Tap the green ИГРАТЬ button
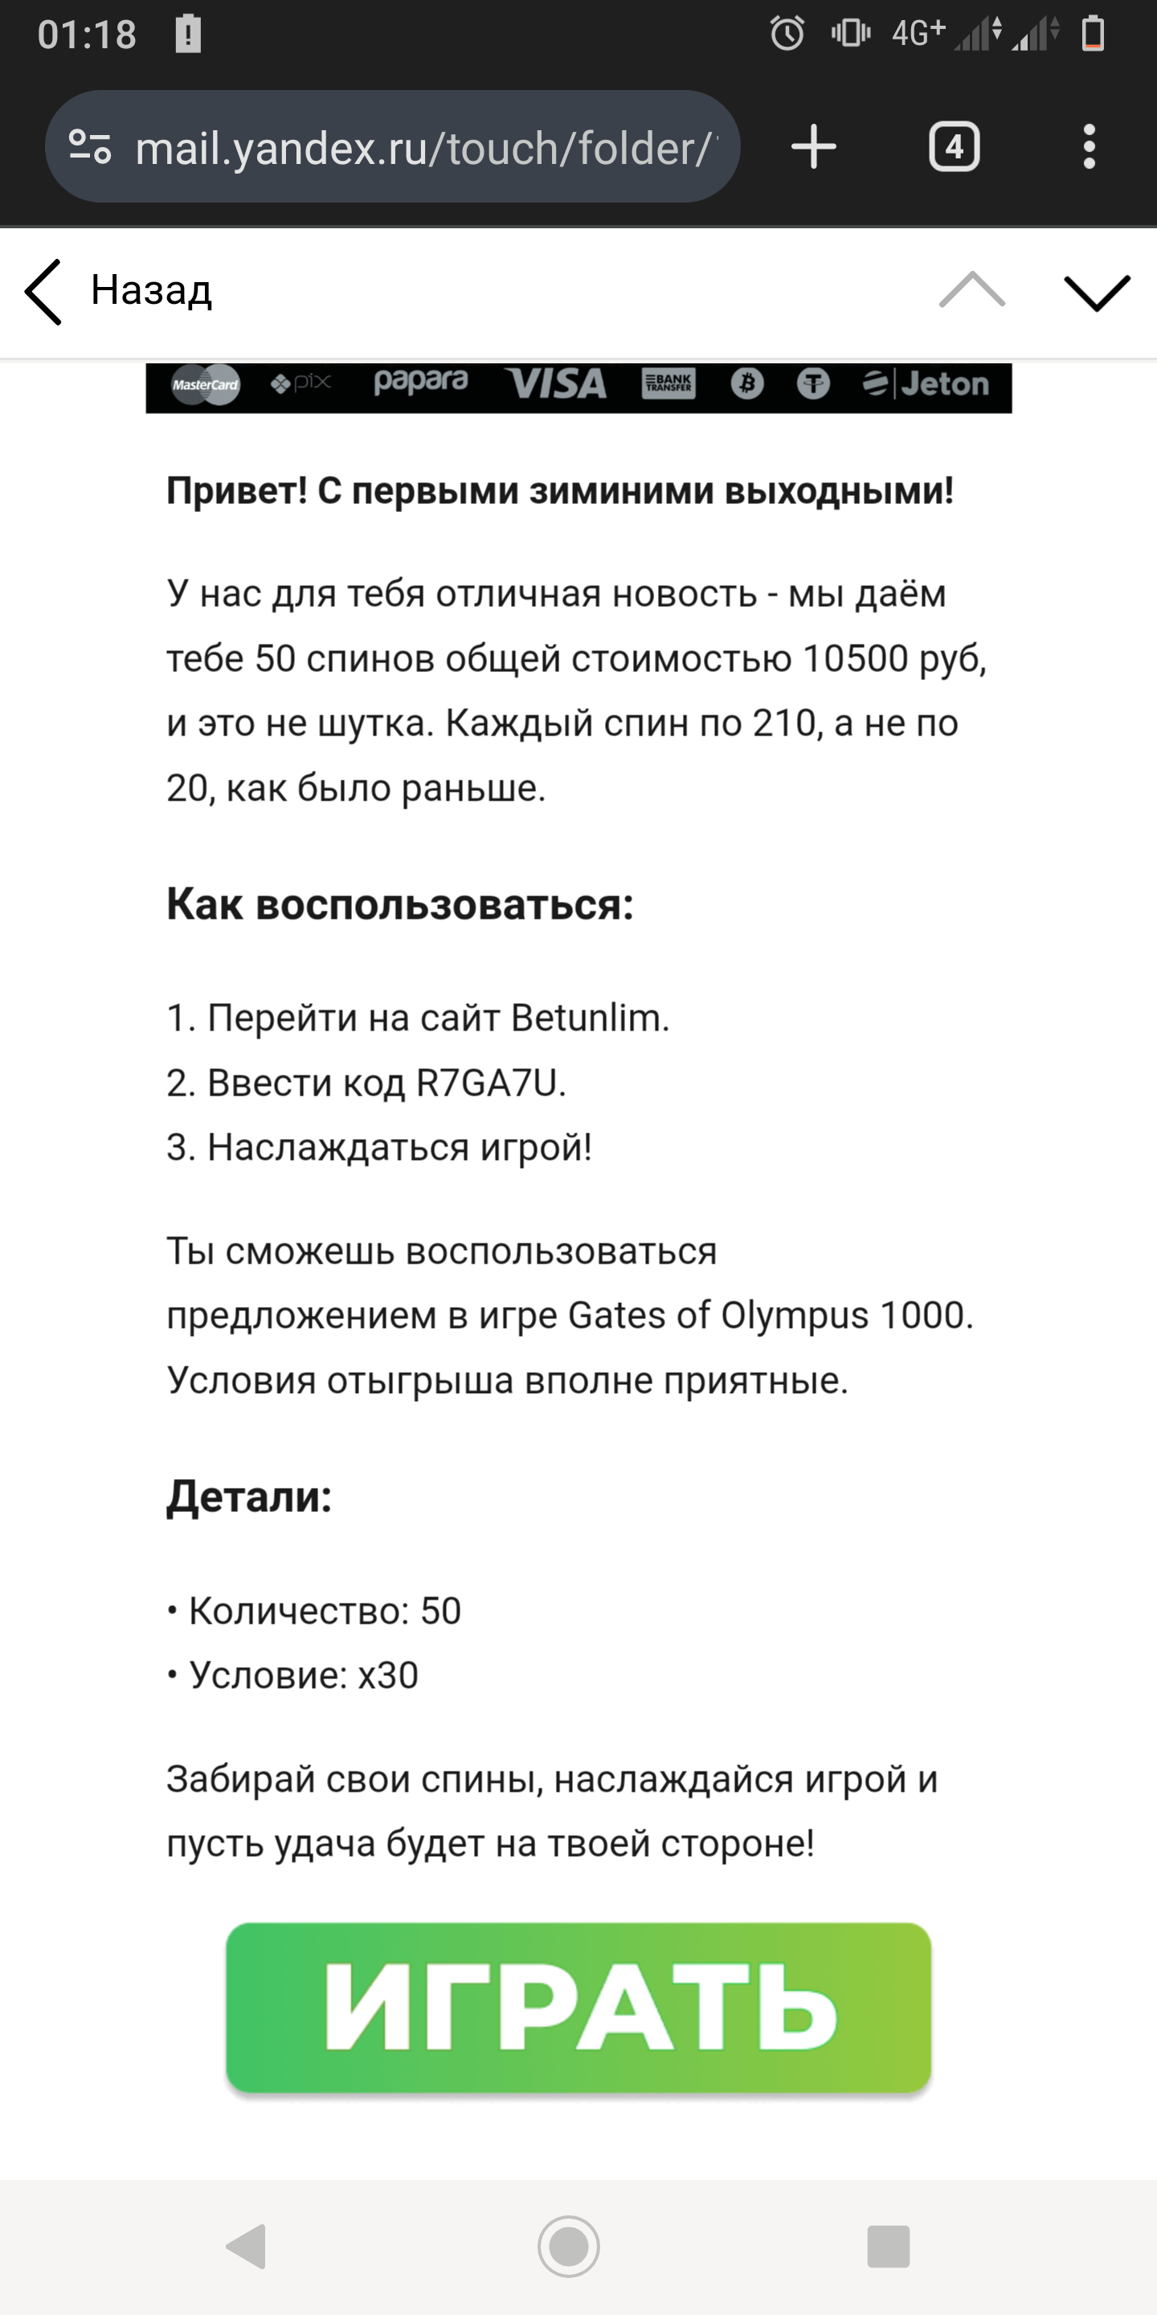pyautogui.click(x=578, y=2007)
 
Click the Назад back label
pyautogui.click(x=151, y=290)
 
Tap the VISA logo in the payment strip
pyautogui.click(x=555, y=385)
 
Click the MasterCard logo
pyautogui.click(x=206, y=385)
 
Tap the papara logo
pyautogui.click(x=420, y=383)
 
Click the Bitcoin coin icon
pyautogui.click(x=746, y=385)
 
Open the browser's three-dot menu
pyautogui.click(x=1089, y=146)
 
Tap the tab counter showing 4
pyautogui.click(x=953, y=146)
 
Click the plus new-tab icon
pyautogui.click(x=814, y=146)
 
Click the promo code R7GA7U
pyautogui.click(x=487, y=1083)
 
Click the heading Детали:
pyautogui.click(x=249, y=1496)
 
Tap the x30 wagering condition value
pyautogui.click(x=388, y=1675)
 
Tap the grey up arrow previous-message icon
pyautogui.click(x=972, y=290)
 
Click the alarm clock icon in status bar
pyautogui.click(x=787, y=34)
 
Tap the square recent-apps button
pyautogui.click(x=889, y=2247)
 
